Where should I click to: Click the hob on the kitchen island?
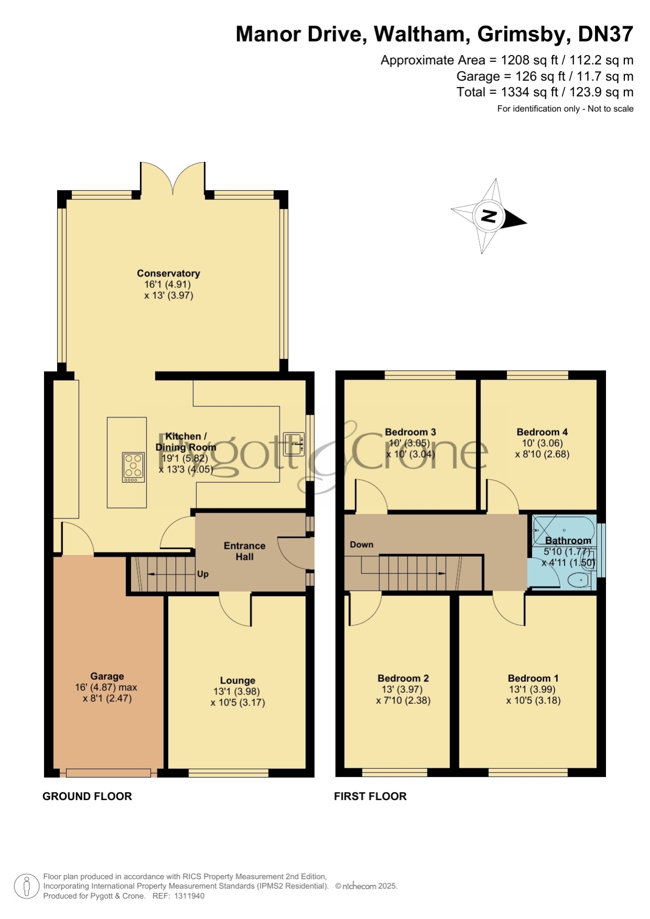point(133,467)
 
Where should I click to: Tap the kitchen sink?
point(294,444)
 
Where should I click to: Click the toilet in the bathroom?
point(579,580)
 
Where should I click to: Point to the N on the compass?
point(489,216)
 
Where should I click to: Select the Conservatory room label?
point(168,273)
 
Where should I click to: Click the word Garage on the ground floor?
point(107,676)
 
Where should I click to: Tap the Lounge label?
point(238,680)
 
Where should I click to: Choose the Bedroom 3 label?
point(410,432)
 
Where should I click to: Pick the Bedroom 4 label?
point(542,432)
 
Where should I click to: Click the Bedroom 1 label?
point(533,678)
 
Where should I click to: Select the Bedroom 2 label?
point(403,678)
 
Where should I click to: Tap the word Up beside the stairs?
point(203,574)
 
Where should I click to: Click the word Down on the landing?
point(361,545)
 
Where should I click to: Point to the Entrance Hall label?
point(245,551)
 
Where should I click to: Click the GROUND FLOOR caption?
point(87,796)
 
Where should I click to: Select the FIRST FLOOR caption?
point(370,796)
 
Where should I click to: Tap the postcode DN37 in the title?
point(605,34)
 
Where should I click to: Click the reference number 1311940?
point(189,896)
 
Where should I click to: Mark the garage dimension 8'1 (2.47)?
point(107,698)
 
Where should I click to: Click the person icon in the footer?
point(26,887)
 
